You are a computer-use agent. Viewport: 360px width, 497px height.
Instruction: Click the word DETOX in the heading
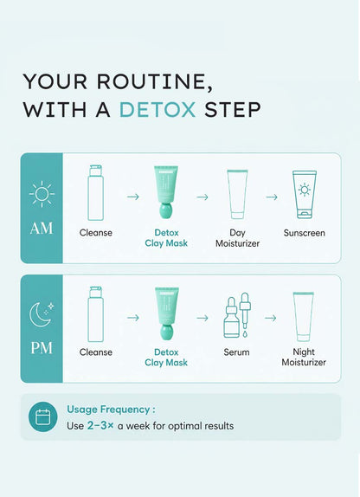click(157, 110)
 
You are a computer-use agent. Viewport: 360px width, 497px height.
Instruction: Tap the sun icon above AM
click(42, 194)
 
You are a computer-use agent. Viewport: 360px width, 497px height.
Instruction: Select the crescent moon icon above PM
click(42, 314)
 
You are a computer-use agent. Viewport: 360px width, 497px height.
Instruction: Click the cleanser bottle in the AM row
click(95, 192)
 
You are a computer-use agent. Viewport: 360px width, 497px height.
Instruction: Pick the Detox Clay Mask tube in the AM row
click(166, 192)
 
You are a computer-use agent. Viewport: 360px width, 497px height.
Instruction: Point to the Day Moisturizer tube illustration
click(237, 194)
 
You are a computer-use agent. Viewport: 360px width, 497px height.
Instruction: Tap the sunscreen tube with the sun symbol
click(305, 195)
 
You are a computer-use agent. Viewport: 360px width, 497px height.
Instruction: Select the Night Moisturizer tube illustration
click(304, 316)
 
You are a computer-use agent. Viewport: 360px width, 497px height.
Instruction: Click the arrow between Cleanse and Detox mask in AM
click(133, 197)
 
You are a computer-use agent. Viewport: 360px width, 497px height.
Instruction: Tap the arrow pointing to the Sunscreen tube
click(272, 197)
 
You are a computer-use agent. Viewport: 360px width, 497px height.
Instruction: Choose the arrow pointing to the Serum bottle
click(202, 318)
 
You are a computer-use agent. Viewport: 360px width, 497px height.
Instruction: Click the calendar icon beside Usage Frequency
click(42, 416)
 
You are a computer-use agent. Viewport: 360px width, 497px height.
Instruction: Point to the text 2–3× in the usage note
click(100, 425)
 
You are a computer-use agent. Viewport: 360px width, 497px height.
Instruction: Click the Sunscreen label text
click(305, 233)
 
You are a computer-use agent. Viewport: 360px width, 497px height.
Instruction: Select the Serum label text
click(236, 352)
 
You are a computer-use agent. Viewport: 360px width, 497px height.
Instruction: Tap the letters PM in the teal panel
click(42, 348)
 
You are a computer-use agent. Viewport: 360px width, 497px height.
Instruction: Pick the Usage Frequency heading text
click(111, 410)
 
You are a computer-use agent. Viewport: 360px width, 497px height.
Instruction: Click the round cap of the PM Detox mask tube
click(166, 331)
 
